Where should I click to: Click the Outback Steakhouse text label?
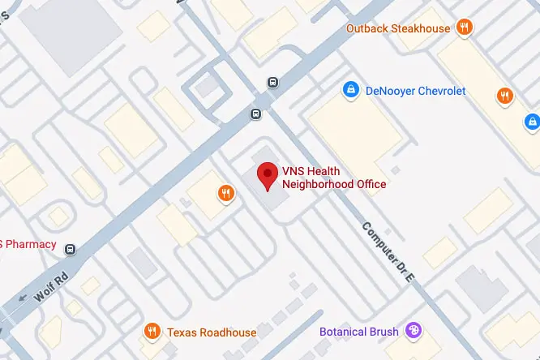point(397,28)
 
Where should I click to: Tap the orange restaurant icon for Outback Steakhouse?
point(465,28)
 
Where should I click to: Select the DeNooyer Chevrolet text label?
point(417,91)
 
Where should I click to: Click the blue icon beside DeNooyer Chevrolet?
point(351,90)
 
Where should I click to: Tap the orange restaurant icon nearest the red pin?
point(225,193)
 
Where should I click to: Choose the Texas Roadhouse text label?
point(212,332)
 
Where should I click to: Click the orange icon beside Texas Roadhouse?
point(151,332)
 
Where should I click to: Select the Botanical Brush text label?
point(359,332)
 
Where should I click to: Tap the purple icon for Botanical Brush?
point(414,331)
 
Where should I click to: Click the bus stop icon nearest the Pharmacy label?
point(71,249)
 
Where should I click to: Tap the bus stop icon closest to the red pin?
point(255,114)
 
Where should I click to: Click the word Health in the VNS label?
point(323,171)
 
